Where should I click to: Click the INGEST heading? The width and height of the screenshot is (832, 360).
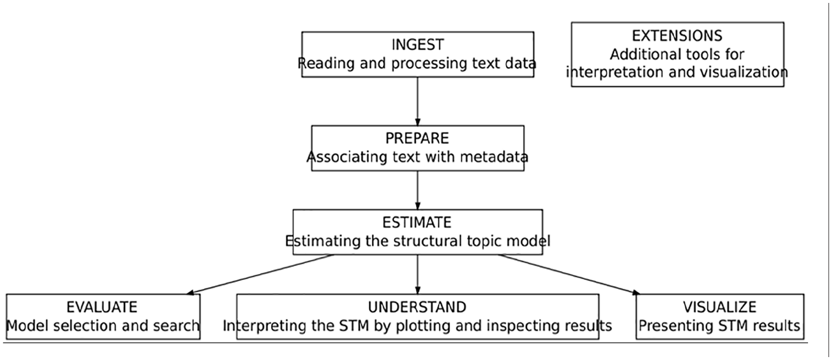[x=418, y=45]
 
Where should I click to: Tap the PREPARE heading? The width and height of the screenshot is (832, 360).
[x=417, y=138]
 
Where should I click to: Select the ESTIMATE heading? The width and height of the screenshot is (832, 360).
[x=417, y=223]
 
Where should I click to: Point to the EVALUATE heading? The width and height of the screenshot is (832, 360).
[x=102, y=307]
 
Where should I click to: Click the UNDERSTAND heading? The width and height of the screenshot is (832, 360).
[x=417, y=307]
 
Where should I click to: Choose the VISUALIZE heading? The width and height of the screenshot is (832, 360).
[x=719, y=307]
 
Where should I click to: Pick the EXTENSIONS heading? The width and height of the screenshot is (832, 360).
[x=677, y=36]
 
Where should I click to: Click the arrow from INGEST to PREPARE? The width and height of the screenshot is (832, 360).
[x=418, y=102]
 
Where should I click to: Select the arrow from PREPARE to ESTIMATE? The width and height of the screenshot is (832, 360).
[x=418, y=190]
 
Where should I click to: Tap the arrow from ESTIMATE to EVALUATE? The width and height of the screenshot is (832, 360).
[x=260, y=275]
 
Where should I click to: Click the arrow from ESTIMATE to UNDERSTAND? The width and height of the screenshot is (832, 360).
[x=418, y=275]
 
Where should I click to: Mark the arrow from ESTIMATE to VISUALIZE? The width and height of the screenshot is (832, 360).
[x=569, y=275]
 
